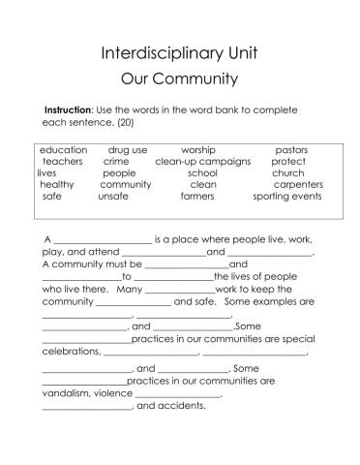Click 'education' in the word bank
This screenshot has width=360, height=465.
pyautogui.click(x=64, y=151)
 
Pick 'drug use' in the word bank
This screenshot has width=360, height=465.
pyautogui.click(x=128, y=151)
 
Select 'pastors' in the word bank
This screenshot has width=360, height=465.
pyautogui.click(x=291, y=151)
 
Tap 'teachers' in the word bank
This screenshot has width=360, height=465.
pyautogui.click(x=62, y=162)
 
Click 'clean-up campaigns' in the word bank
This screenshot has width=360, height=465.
pyautogui.click(x=203, y=162)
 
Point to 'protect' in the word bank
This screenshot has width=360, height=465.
pyautogui.click(x=288, y=162)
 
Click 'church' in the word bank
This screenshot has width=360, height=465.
pyautogui.click(x=287, y=173)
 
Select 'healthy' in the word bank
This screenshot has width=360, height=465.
pyautogui.click(x=57, y=184)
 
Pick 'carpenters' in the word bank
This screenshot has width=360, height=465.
pyautogui.click(x=298, y=184)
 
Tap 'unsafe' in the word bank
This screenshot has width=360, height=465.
pyautogui.click(x=113, y=196)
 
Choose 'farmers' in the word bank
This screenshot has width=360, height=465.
pyautogui.click(x=197, y=196)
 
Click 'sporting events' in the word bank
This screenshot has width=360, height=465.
pyautogui.click(x=287, y=196)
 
